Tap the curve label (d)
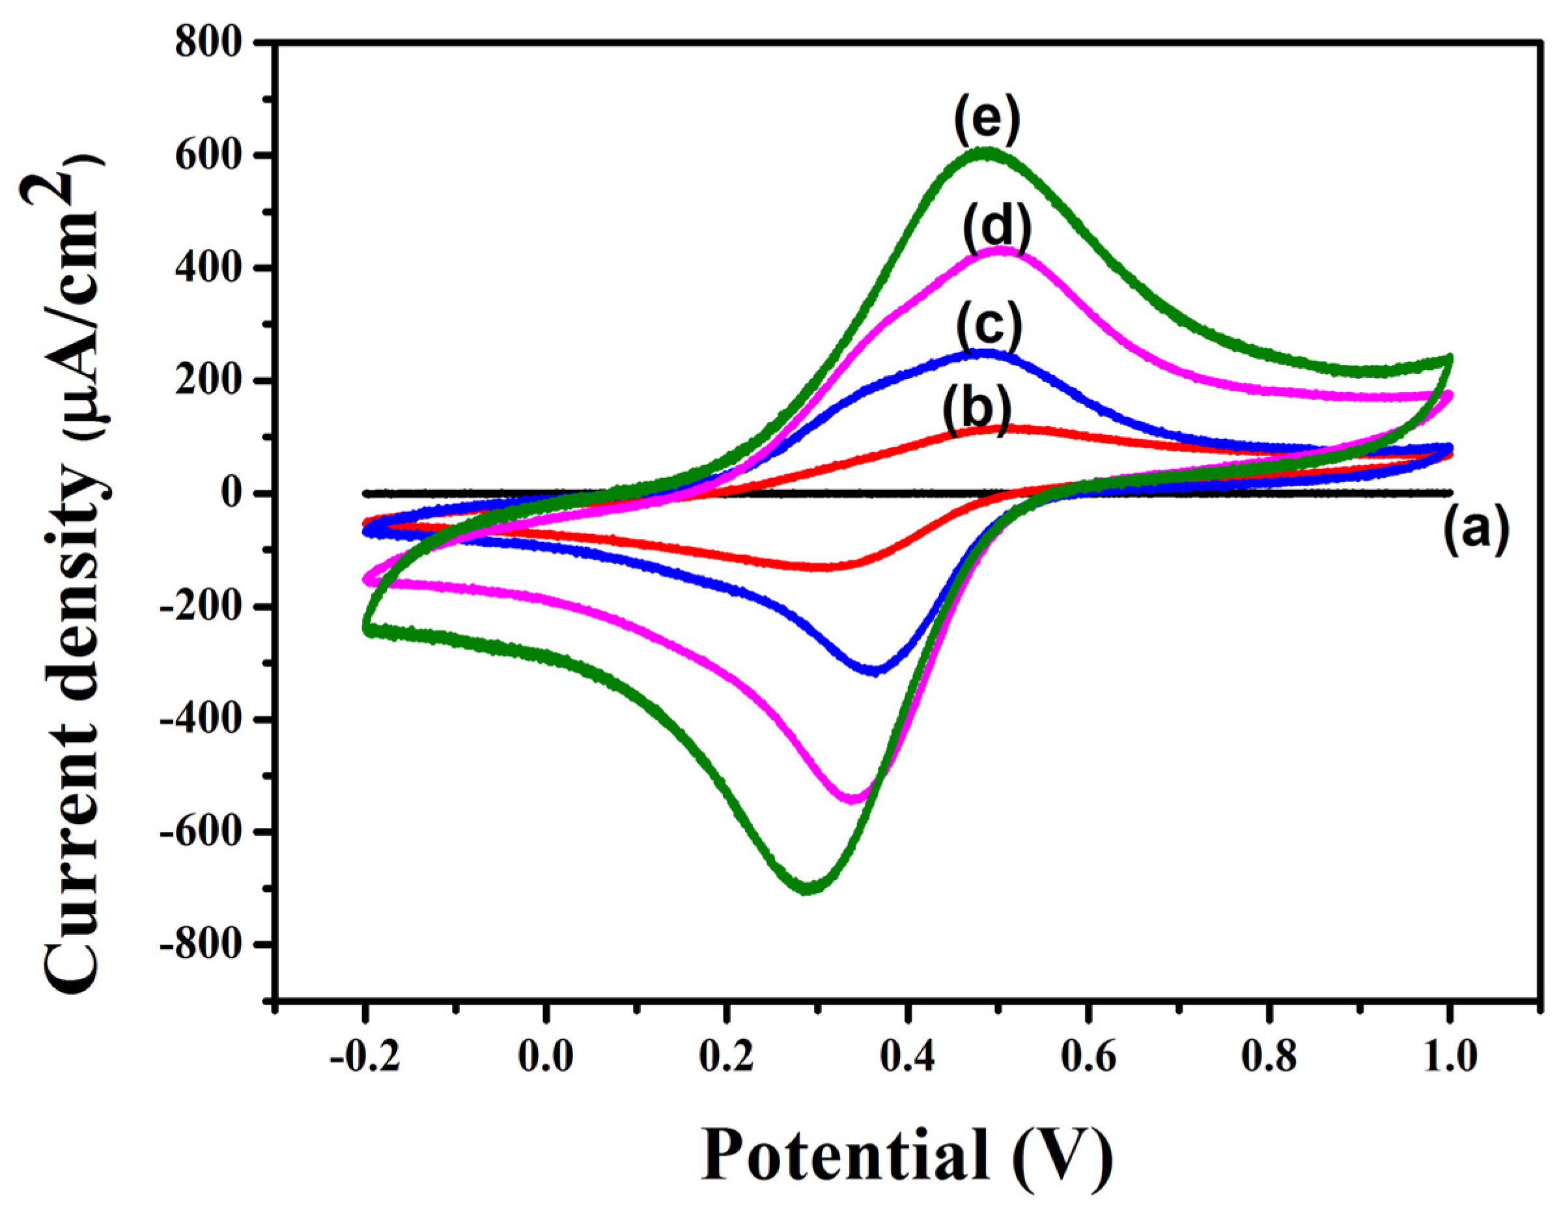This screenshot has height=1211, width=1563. pos(996,227)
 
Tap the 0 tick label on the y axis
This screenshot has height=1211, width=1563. pos(233,494)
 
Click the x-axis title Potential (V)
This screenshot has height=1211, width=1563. pos(905,1154)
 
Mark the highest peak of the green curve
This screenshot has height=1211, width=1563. pos(987,153)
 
